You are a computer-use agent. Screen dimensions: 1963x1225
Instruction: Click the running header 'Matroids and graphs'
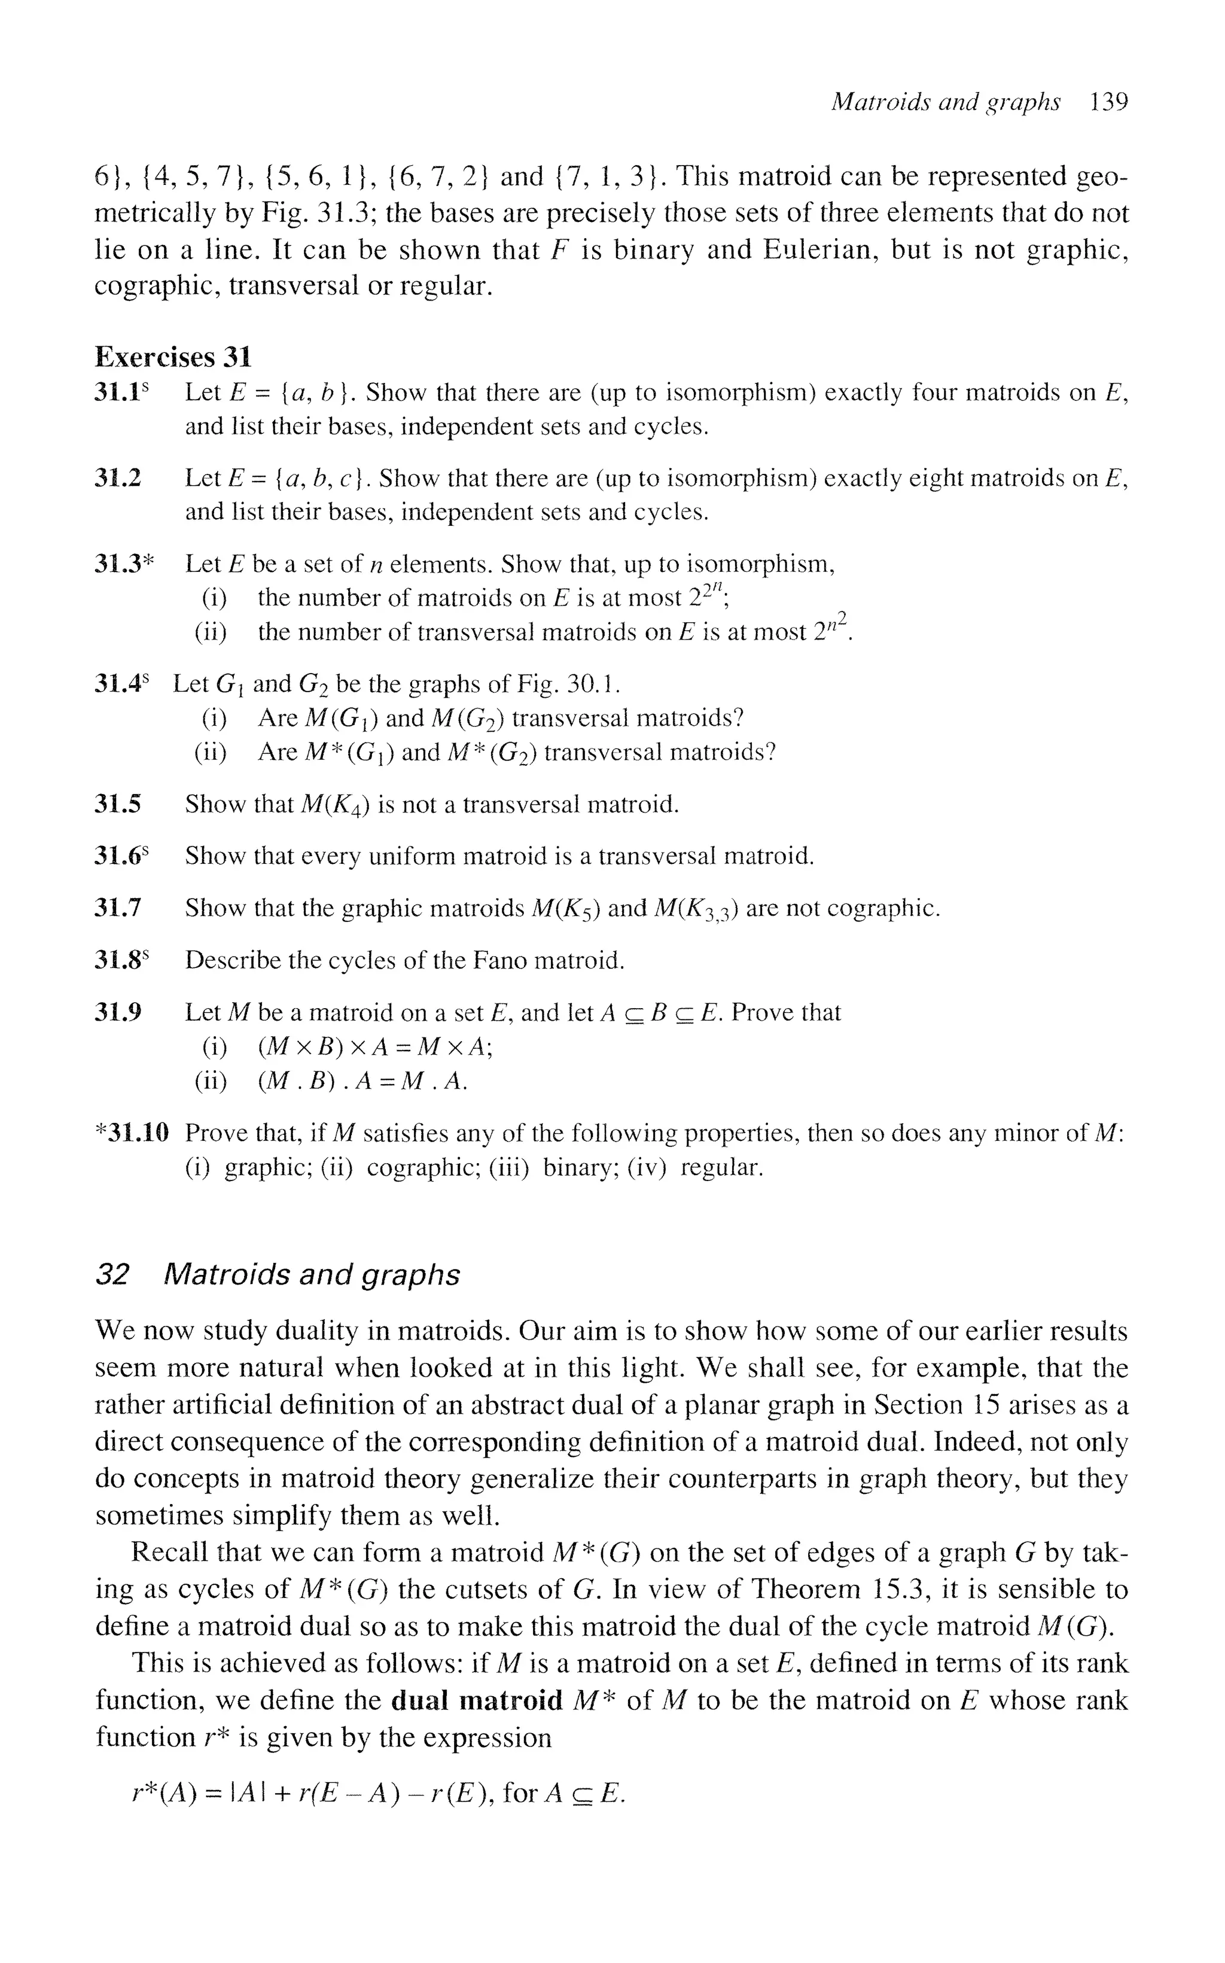click(946, 102)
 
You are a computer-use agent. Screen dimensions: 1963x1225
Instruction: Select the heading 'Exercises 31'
click(173, 357)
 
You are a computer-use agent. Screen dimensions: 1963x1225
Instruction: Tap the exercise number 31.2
click(118, 478)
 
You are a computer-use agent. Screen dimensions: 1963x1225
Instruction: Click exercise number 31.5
click(118, 805)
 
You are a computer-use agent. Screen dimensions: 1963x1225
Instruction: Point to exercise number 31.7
click(118, 908)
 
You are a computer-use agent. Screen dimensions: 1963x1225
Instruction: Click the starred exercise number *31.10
click(132, 1133)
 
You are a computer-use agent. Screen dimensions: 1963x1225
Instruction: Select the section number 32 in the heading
click(112, 1275)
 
